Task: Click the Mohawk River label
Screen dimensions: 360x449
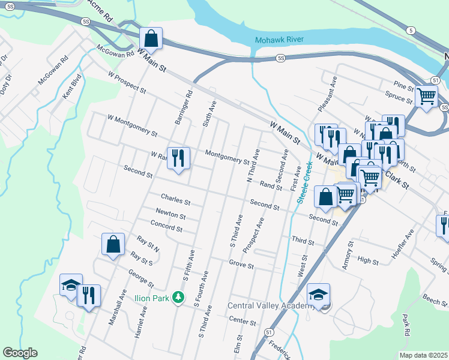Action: click(x=279, y=40)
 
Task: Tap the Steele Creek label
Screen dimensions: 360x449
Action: click(x=304, y=183)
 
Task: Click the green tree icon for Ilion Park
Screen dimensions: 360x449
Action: click(x=178, y=297)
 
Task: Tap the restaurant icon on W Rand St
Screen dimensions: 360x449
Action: click(x=178, y=159)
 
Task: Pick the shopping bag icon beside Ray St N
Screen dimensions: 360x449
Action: click(x=113, y=244)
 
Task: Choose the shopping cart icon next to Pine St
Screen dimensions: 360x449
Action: click(x=426, y=95)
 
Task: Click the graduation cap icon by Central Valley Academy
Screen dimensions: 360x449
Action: click(x=318, y=295)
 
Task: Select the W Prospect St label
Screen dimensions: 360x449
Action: click(x=127, y=83)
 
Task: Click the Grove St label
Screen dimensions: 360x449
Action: click(x=241, y=265)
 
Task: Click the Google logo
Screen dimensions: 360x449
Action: click(x=20, y=353)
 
